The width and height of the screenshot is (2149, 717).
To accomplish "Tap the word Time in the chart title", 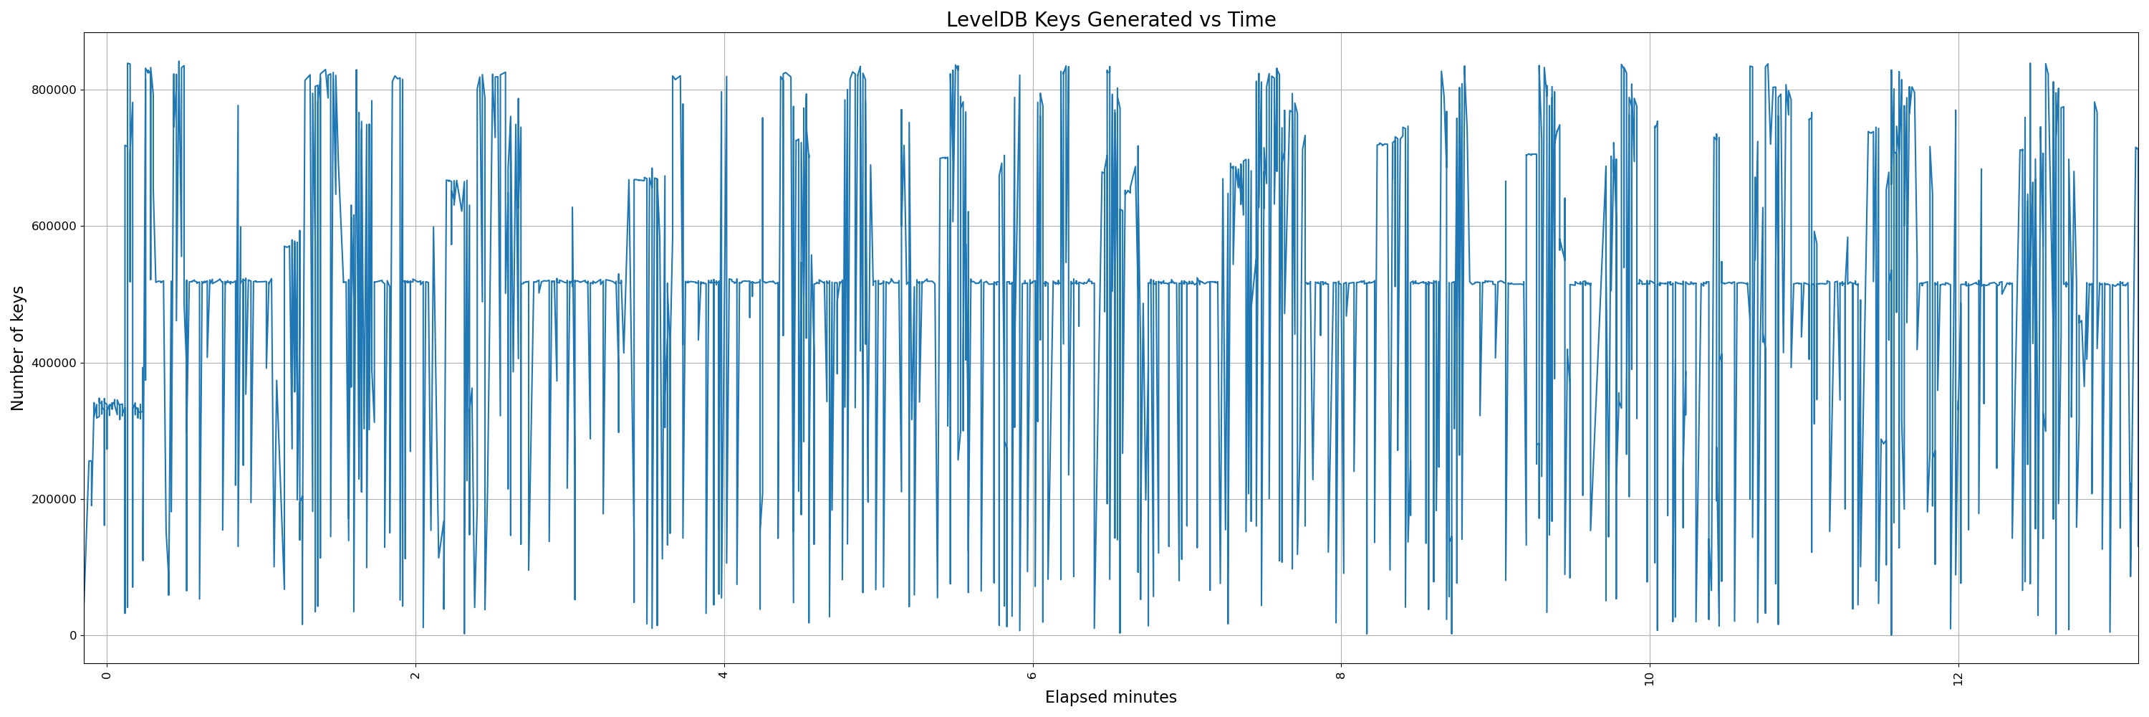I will (1251, 20).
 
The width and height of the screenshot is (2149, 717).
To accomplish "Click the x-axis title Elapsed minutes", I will (1110, 697).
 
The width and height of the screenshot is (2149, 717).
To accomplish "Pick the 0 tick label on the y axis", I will (72, 636).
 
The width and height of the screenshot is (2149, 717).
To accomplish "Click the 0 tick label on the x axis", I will (107, 675).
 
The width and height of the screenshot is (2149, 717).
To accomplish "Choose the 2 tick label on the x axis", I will (415, 675).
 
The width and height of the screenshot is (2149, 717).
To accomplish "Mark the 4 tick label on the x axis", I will (724, 675).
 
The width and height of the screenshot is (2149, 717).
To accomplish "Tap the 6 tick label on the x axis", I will (1033, 675).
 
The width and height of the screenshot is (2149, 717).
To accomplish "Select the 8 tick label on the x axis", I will (1341, 675).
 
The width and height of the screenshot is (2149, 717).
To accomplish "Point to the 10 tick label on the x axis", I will (1649, 678).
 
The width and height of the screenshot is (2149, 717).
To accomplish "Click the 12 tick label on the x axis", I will (1958, 678).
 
